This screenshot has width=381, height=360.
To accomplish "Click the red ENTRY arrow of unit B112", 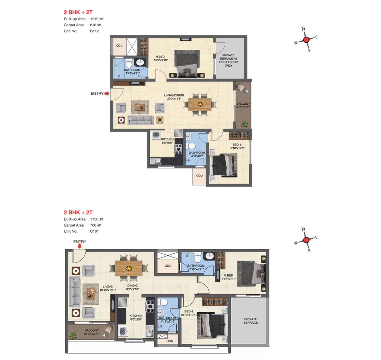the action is click(x=107, y=93).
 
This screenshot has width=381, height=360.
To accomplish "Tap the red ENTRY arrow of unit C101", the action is click(x=80, y=246).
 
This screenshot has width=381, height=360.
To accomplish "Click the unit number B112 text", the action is click(x=94, y=31).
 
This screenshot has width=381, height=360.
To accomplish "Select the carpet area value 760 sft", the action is click(x=96, y=225).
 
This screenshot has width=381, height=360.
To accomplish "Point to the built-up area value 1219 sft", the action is click(x=97, y=19).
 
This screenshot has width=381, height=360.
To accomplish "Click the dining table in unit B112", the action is click(x=200, y=105).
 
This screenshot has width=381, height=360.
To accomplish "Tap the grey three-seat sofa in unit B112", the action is click(x=141, y=120).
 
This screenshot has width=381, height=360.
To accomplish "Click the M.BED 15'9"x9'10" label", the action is click(x=161, y=58).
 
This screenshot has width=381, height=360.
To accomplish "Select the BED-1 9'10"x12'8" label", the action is click(x=237, y=146).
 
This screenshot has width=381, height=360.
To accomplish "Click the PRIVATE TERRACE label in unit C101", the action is click(x=251, y=321).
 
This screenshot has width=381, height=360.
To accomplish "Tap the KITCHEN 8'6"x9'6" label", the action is click(x=136, y=318).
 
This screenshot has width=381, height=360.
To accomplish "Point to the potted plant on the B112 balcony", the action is click(x=244, y=124).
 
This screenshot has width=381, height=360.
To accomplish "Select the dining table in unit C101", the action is click(x=128, y=268).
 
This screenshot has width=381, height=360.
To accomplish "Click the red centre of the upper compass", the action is click(x=306, y=40).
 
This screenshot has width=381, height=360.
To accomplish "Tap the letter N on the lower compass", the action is click(x=303, y=229).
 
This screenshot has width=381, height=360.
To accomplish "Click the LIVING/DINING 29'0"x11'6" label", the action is click(x=174, y=97).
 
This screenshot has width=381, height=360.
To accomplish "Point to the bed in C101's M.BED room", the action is click(x=251, y=274).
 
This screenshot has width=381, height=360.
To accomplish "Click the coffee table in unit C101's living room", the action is click(x=91, y=294).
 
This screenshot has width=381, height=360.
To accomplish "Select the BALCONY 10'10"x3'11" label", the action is click(x=92, y=332).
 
